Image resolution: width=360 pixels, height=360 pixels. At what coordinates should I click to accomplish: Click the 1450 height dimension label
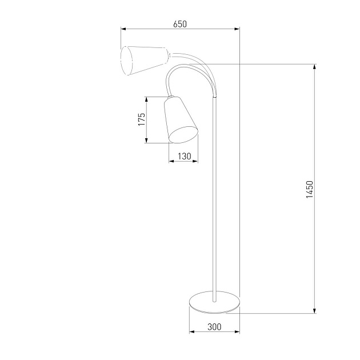[309, 189]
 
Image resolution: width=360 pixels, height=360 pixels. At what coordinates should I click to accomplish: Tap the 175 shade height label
[141, 119]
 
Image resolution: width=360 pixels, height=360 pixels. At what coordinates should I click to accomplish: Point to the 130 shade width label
[183, 156]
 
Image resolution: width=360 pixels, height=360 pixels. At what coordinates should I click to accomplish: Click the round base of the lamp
[214, 303]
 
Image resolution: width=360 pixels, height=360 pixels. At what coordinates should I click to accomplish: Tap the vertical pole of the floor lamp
[215, 200]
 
